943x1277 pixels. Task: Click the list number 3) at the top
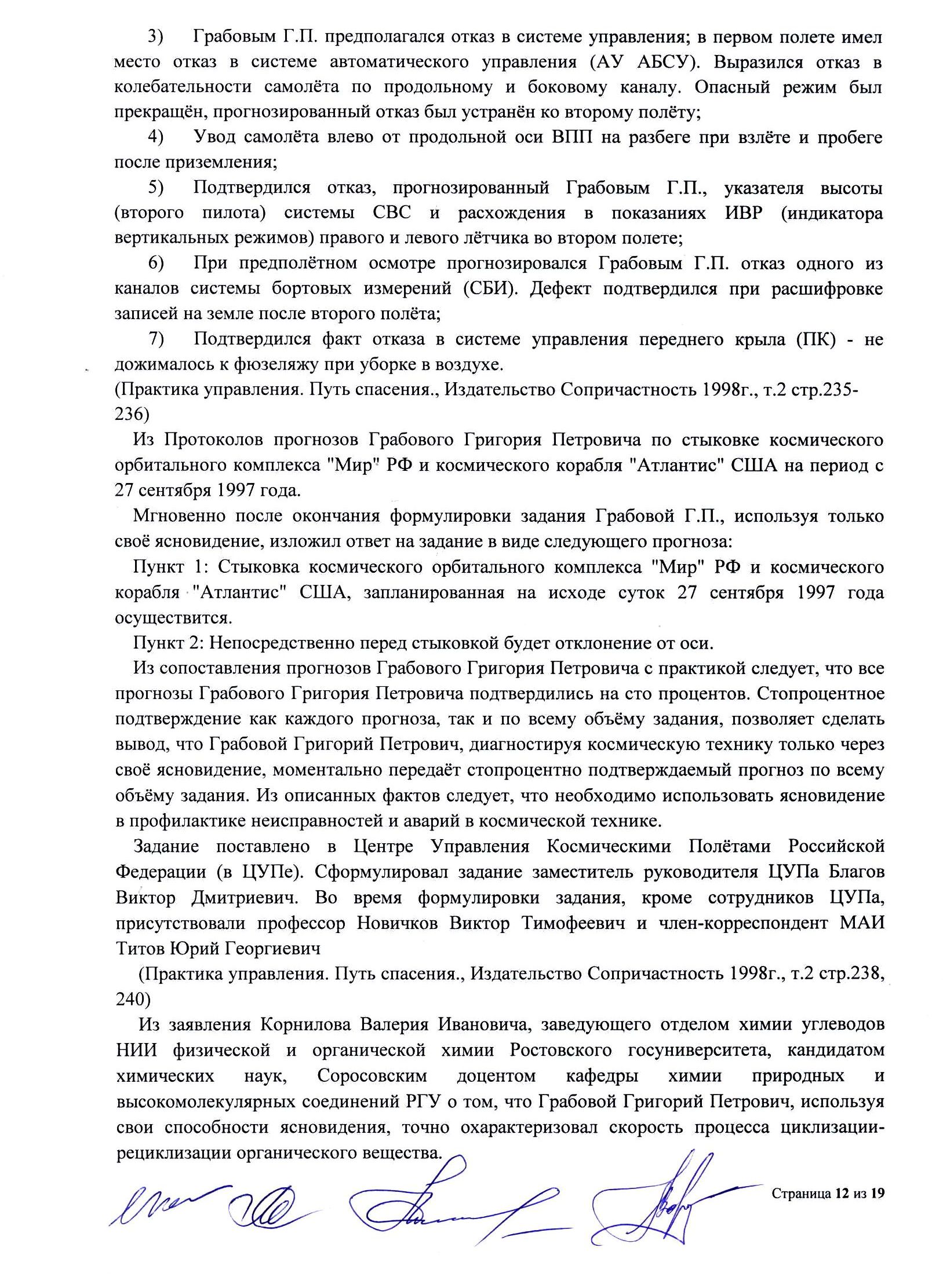tap(155, 37)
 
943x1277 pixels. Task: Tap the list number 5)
tap(155, 188)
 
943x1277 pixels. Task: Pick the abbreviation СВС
tap(392, 213)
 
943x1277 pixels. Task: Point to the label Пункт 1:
tap(166, 566)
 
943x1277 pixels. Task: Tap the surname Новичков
tap(397, 922)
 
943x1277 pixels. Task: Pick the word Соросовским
tap(372, 1075)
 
